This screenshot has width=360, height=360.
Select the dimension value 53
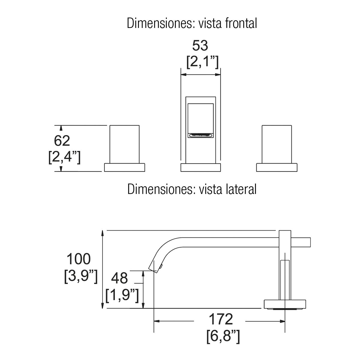pos(200,46)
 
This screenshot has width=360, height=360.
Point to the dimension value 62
pos(62,141)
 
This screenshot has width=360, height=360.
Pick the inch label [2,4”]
pos(64,157)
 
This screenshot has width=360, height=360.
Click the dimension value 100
pos(78,259)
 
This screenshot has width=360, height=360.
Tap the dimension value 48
pos(119,278)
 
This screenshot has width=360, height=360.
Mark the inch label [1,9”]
pos(122,295)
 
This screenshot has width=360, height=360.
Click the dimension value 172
pos(221,319)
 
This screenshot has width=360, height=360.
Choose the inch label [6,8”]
pos(223,336)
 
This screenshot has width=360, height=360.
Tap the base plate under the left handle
pos(124,167)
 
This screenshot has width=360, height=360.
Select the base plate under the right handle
pos(277,167)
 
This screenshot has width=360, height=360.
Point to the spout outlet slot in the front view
pos(201,135)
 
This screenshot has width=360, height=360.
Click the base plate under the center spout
pos(201,167)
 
